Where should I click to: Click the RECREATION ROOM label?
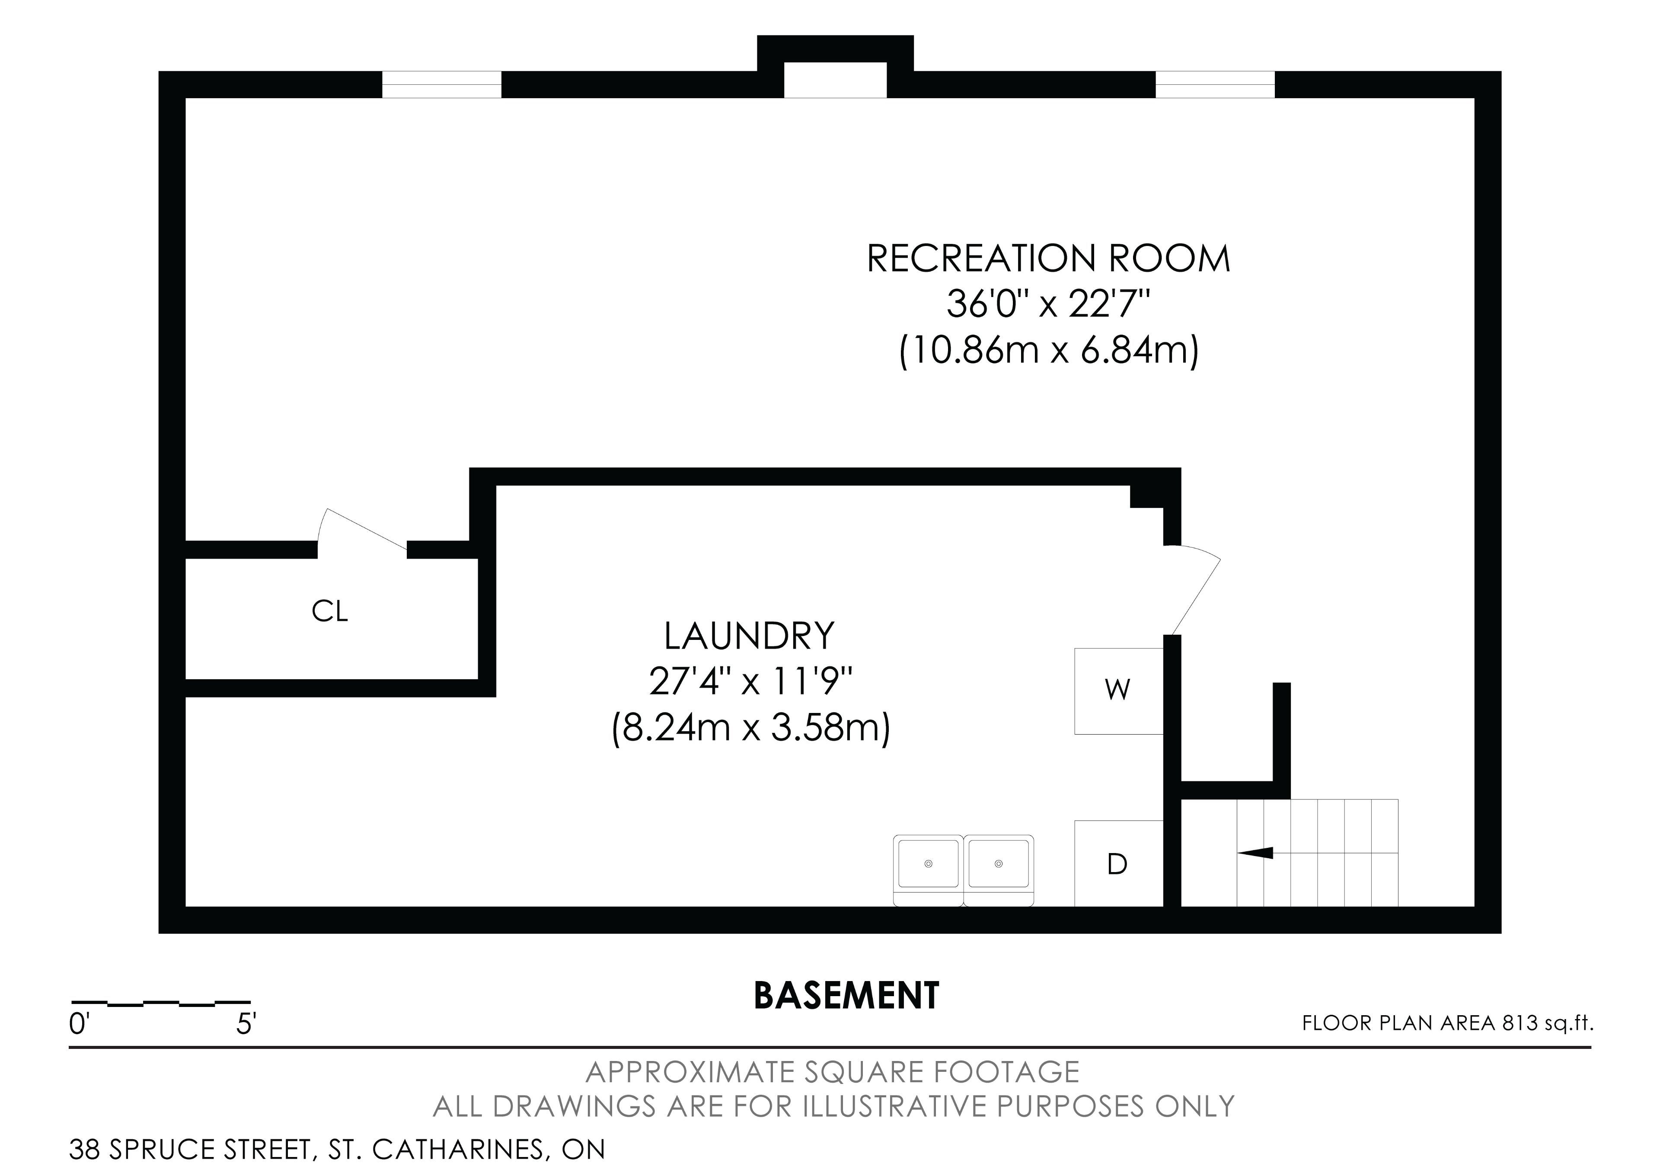point(1048,258)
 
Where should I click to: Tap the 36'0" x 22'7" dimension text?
point(1048,304)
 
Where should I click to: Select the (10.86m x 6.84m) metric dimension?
point(1048,351)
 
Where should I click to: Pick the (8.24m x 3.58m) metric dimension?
point(750,728)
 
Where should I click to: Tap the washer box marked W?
point(1118,690)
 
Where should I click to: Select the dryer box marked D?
point(1118,863)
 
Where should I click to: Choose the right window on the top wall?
point(1215,85)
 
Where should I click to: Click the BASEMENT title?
point(846,996)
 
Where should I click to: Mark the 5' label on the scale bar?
point(246,1024)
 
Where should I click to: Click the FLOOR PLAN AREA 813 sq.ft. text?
point(1447,1023)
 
